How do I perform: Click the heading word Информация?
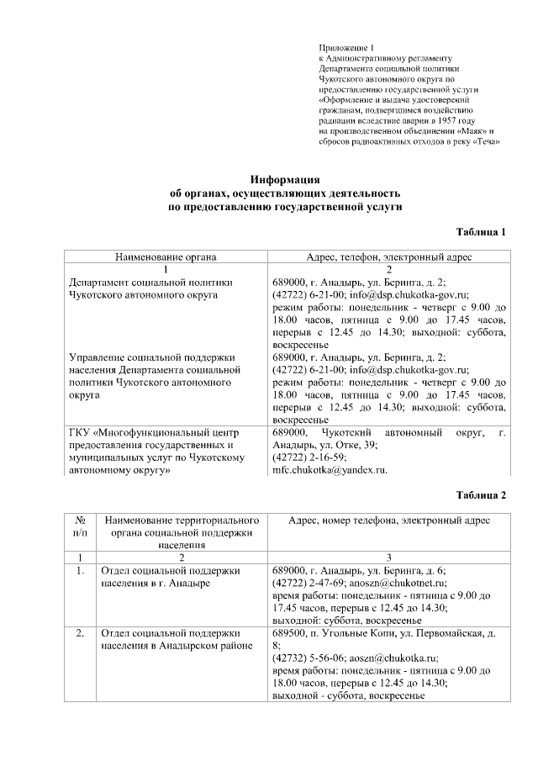[287, 180]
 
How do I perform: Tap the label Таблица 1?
[481, 231]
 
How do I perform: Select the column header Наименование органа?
[166, 256]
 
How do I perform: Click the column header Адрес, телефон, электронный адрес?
[389, 256]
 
